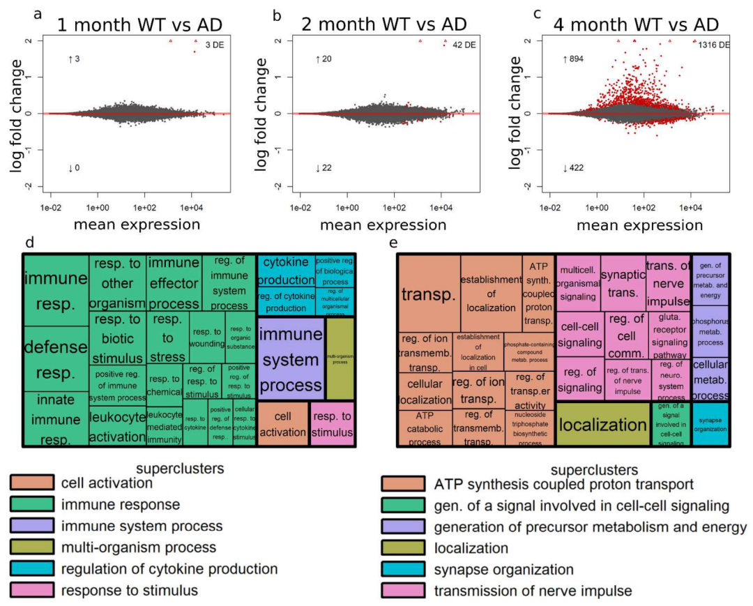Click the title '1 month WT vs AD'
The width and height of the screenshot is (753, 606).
[x=139, y=24]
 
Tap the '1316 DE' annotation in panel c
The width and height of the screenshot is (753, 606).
[x=714, y=45]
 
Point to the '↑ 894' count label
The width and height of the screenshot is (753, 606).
[x=572, y=60]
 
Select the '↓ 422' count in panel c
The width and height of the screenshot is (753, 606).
[x=572, y=168]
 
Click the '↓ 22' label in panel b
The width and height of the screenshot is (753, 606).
[x=322, y=168]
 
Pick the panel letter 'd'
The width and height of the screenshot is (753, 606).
[x=29, y=243]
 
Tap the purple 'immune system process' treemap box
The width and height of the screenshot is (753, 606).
[x=291, y=358]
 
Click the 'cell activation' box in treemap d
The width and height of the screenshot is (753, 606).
[x=283, y=423]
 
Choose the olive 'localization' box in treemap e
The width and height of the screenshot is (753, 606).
[x=603, y=424]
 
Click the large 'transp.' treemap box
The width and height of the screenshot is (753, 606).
[x=429, y=293]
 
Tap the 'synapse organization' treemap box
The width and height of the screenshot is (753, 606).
[x=710, y=424]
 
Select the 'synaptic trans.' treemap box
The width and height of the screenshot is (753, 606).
[x=623, y=282]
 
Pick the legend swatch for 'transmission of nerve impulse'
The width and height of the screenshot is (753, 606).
[x=404, y=591]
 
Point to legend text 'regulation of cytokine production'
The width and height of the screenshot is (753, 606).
[x=169, y=570]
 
